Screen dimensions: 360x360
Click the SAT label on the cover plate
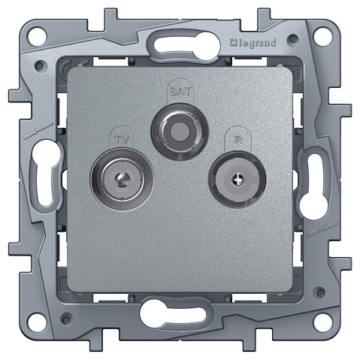coord(180,90)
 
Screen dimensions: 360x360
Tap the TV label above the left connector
coord(122,139)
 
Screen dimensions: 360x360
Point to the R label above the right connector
coord(237,139)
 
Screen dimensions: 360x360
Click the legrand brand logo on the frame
coord(253,44)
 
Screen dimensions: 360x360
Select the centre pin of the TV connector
coord(122,179)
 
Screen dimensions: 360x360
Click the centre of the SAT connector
coord(180,132)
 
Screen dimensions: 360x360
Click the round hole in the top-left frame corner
coord(37,37)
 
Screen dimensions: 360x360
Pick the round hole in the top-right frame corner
coord(323,37)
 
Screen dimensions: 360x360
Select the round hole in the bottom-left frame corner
coord(37,322)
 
